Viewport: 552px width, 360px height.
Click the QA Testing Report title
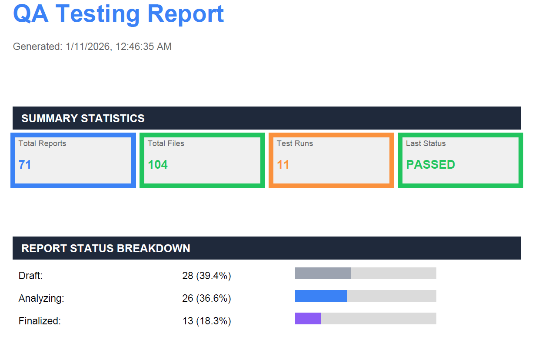118,14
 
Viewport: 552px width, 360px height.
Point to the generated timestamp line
92,47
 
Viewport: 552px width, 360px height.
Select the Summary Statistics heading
83,118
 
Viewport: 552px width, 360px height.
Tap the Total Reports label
43,143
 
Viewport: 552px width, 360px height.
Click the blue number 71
25,164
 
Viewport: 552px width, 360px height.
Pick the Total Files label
166,143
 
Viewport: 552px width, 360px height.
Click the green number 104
158,164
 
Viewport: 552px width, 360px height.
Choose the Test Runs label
295,143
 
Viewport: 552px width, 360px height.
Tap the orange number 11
283,164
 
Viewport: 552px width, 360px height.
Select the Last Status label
426,143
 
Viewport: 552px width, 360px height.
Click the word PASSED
430,164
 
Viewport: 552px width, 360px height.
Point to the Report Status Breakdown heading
106,248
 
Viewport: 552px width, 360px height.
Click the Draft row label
30,276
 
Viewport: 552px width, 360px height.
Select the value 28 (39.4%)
206,276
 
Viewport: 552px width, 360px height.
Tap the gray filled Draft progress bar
323,273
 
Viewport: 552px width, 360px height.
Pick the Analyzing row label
41,298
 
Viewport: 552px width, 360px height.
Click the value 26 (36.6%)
206,298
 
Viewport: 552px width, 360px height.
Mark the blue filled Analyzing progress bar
321,296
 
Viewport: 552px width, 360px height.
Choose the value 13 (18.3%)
206,321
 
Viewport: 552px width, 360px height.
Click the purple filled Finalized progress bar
308,319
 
